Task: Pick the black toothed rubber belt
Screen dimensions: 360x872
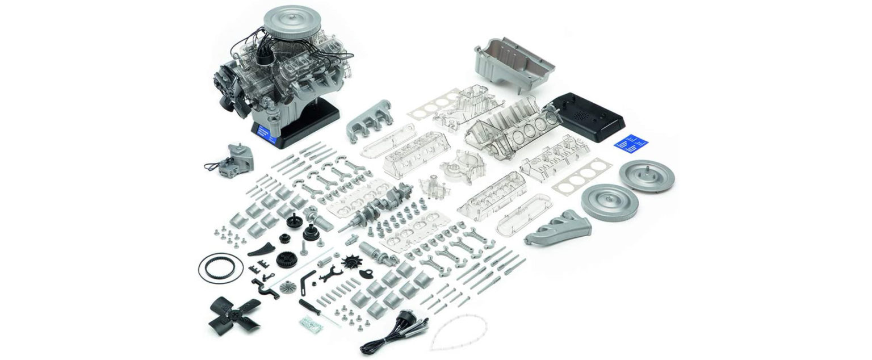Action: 220,266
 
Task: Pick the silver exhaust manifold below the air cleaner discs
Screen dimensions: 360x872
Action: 557,228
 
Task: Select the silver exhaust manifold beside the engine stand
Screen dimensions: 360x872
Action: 370,119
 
